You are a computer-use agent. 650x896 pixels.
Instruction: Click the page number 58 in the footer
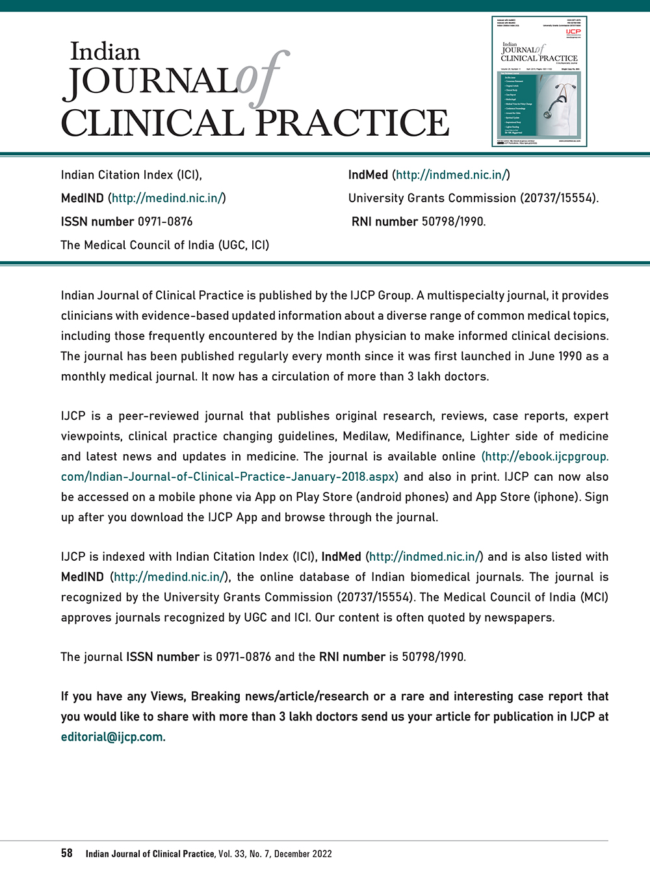(67, 853)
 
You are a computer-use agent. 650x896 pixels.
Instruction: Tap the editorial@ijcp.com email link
(112, 737)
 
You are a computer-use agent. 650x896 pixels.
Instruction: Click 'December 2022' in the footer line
(303, 854)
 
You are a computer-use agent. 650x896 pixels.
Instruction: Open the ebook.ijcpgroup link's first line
(545, 456)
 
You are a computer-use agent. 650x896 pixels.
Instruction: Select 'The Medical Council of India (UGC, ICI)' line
(165, 245)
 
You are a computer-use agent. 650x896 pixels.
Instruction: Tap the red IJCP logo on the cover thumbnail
(573, 32)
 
